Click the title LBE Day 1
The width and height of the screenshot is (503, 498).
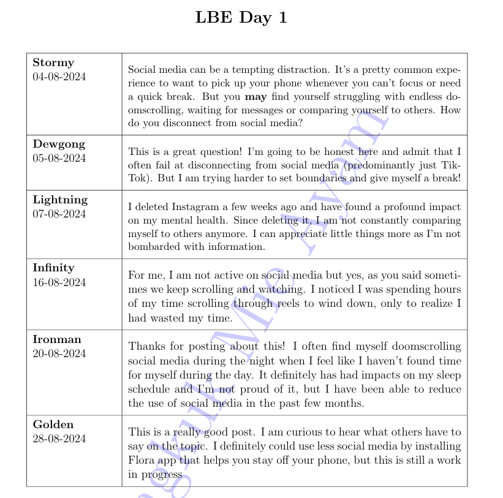pos(241,18)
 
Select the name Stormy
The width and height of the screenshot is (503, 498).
pos(53,62)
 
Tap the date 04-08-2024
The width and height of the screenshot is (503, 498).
pos(59,77)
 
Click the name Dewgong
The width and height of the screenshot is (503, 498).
pos(59,144)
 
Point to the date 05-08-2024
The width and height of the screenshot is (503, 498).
pos(59,158)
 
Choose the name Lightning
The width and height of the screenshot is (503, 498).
pos(60,200)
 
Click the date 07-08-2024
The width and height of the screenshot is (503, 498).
pos(59,214)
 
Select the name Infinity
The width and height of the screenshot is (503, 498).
pos(53,268)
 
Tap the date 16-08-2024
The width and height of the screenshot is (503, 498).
pos(59,282)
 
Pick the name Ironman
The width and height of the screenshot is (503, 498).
pos(57,339)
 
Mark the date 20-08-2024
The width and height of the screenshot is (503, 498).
pos(59,353)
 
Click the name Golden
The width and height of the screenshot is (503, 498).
pos(53,424)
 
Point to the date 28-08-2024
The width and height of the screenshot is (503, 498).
pos(59,439)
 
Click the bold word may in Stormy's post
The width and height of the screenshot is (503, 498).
pos(255,97)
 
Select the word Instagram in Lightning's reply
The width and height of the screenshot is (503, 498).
pos(189,207)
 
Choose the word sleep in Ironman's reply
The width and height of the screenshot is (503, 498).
pos(447,375)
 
